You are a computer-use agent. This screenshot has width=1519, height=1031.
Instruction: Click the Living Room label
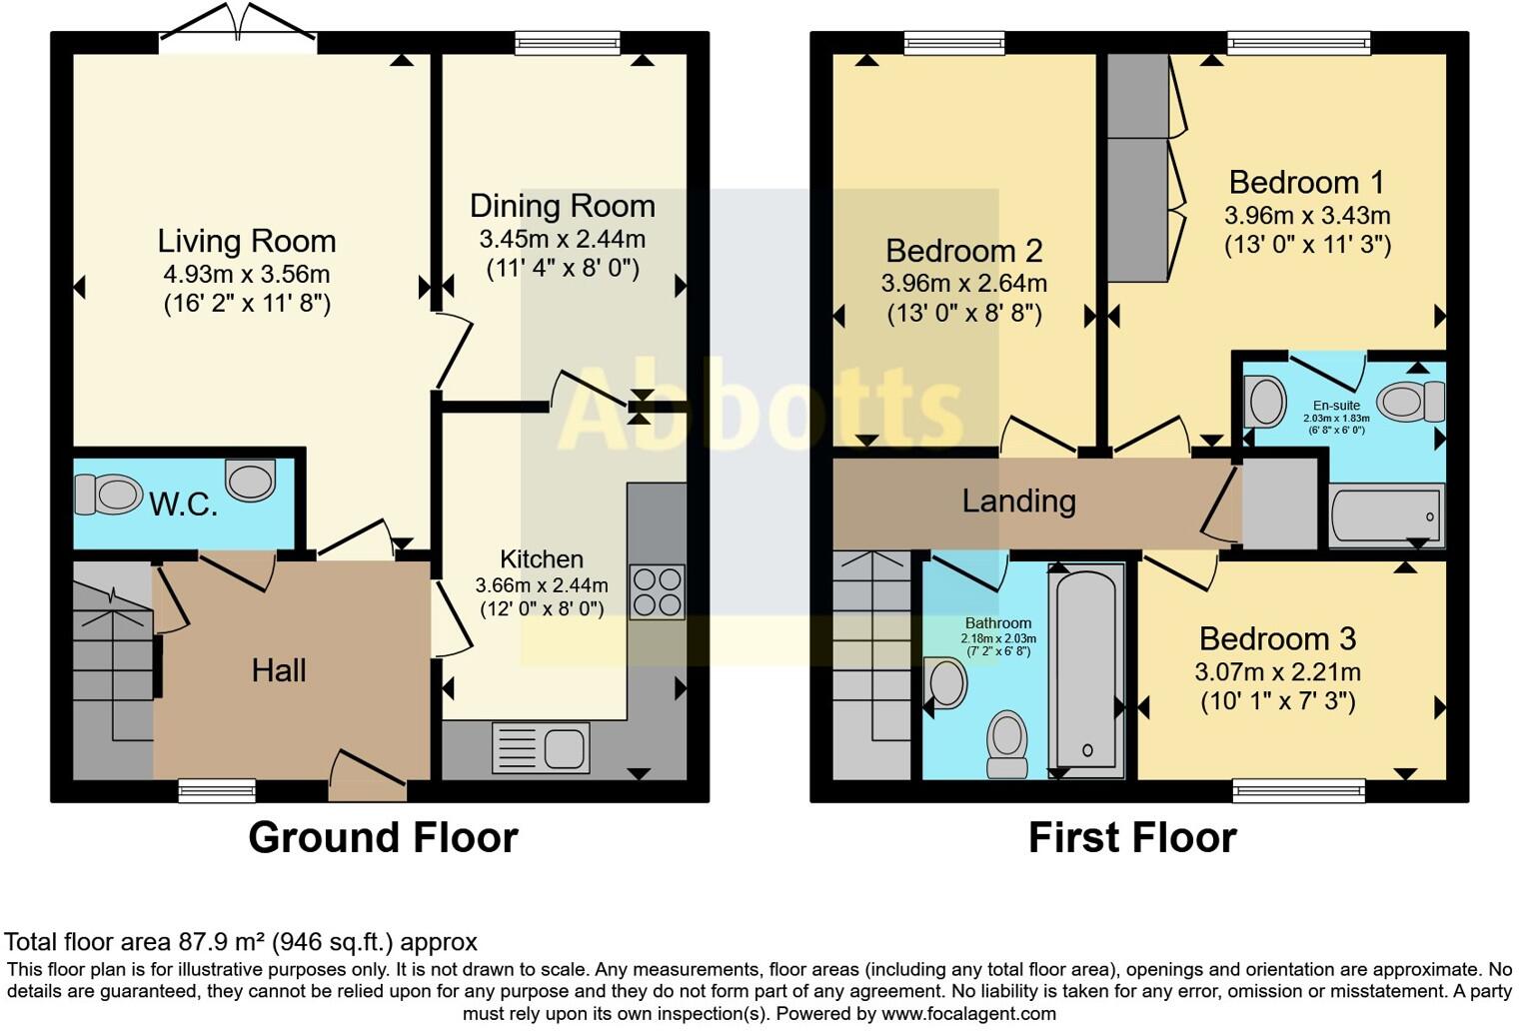click(x=247, y=241)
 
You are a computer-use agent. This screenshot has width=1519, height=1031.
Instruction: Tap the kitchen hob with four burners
click(x=658, y=592)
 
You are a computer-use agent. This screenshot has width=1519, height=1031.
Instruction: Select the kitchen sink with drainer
click(x=541, y=748)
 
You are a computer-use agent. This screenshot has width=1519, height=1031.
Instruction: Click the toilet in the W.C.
click(x=108, y=495)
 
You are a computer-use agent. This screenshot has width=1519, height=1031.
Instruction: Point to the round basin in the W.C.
click(x=250, y=480)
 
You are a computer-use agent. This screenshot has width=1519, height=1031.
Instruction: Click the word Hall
click(x=279, y=670)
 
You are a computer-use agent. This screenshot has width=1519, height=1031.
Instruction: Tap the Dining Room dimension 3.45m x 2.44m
click(x=562, y=240)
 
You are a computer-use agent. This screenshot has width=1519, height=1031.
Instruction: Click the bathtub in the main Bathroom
click(x=1086, y=669)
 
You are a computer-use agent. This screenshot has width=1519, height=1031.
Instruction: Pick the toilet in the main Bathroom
click(x=1006, y=744)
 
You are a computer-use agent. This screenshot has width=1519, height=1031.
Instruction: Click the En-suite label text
click(x=1337, y=406)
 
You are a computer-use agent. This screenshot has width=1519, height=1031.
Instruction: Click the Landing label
click(x=1018, y=501)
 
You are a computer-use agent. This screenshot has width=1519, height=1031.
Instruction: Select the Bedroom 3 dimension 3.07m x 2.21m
click(x=1277, y=672)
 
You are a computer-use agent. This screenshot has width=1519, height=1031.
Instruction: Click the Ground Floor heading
click(x=383, y=837)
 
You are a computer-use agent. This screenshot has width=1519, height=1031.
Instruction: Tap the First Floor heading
click(x=1132, y=837)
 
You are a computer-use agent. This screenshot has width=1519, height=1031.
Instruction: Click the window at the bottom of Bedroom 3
click(x=1298, y=792)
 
